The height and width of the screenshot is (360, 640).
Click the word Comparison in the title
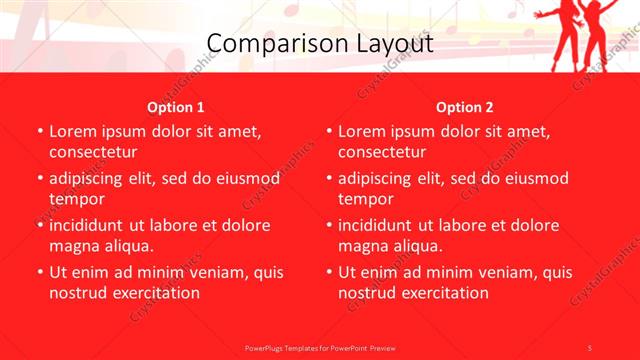click(x=261, y=44)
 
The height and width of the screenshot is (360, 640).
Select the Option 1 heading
click(x=176, y=107)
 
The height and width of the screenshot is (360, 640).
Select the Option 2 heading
click(x=465, y=107)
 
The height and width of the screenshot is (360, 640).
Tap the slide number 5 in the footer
click(x=590, y=346)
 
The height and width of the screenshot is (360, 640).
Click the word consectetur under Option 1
click(x=94, y=152)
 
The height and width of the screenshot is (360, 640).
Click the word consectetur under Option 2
click(x=383, y=152)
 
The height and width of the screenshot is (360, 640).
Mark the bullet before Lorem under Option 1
click(x=39, y=132)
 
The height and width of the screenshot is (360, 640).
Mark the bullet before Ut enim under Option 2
click(x=328, y=272)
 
